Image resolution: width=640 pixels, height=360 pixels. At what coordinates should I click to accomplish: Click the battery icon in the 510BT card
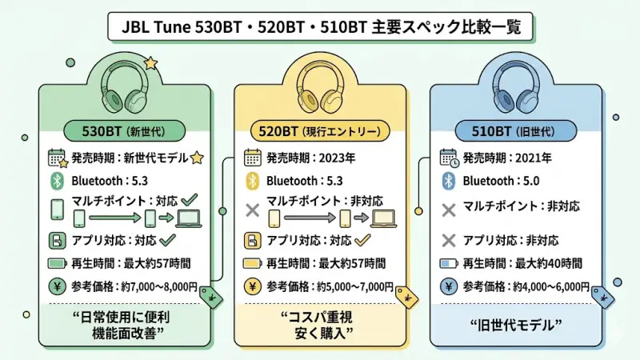point(448,263)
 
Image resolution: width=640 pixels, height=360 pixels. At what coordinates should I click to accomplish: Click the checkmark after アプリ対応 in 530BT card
point(168,239)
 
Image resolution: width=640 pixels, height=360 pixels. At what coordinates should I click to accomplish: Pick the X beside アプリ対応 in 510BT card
point(448,240)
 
